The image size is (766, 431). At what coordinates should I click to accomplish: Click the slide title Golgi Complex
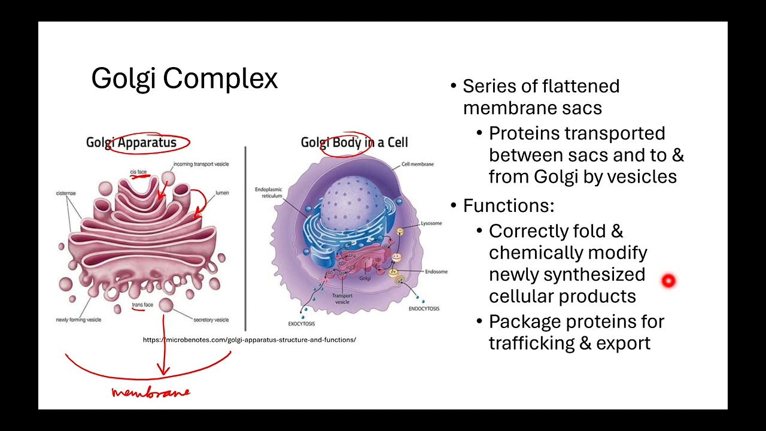coord(184,78)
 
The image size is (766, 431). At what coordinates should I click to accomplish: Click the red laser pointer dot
coord(668,281)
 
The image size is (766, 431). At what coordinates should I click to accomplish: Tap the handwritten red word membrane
coord(151,393)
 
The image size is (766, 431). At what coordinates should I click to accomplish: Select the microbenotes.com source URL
coord(249,340)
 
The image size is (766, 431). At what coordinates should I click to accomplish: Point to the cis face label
coord(138,172)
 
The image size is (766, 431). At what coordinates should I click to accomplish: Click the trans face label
coord(142,305)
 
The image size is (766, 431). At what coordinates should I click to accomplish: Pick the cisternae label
coord(66,193)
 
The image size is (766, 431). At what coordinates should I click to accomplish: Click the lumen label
coord(222,193)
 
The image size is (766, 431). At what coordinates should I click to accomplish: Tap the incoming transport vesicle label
coord(201,164)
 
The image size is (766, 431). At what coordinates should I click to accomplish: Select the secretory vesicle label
coord(211,320)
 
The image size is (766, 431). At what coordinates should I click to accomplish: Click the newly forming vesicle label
coord(78,320)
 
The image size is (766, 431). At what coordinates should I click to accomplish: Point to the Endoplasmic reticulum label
coord(268,193)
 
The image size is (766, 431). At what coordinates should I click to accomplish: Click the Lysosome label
coord(431,223)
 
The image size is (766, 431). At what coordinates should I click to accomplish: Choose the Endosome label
coord(436,272)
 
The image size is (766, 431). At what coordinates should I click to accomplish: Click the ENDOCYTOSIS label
coord(424,309)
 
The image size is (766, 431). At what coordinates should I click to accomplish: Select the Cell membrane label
coord(417,164)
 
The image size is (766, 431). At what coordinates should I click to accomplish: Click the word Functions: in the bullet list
coord(508,206)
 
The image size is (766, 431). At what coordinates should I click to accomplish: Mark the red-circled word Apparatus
coord(147,142)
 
